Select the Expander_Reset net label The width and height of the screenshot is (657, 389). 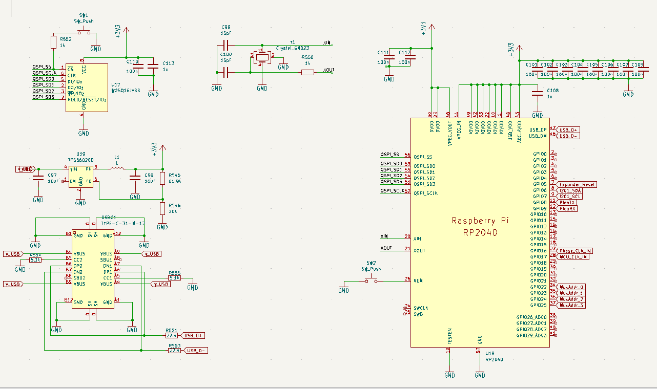(577, 184)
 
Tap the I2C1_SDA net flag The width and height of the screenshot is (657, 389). (570, 190)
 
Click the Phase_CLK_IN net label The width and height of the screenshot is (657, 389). (576, 251)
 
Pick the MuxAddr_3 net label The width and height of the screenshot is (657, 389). (572, 305)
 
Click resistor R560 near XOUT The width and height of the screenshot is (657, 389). (307, 72)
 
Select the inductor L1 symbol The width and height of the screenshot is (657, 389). (117, 168)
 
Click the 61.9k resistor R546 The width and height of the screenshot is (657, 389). (162, 178)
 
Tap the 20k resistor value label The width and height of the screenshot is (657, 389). (175, 211)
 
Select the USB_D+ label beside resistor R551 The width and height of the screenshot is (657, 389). (194, 335)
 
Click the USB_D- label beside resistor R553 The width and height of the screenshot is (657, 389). (196, 351)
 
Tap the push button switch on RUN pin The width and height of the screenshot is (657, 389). (371, 279)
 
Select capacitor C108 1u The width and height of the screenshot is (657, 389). (537, 93)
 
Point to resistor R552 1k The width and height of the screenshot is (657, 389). (53, 42)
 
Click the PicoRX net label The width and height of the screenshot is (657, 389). (568, 208)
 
